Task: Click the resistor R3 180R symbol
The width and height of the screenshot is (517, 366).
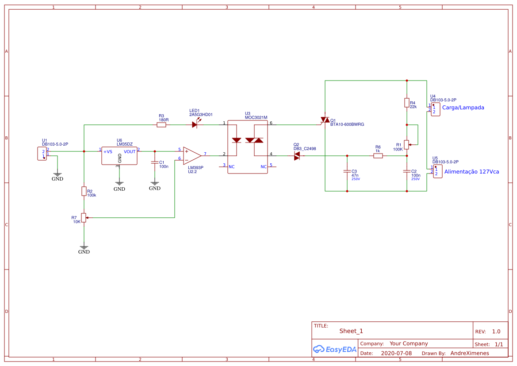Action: coord(161,125)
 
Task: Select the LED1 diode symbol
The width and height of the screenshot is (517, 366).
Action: coord(195,125)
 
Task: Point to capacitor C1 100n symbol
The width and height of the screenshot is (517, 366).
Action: coord(154,162)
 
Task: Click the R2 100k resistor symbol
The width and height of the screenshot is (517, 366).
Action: coord(84,191)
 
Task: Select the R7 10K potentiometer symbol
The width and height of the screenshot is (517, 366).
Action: coord(84,218)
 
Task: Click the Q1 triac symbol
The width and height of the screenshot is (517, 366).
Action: coord(325,120)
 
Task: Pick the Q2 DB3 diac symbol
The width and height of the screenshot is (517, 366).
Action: coord(297,156)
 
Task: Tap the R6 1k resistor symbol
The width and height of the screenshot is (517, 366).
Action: coord(378,156)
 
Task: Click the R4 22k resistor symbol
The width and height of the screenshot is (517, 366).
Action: coord(406,103)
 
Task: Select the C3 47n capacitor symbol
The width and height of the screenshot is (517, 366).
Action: coord(347,171)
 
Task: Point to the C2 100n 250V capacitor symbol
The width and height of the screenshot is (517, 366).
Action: coord(406,171)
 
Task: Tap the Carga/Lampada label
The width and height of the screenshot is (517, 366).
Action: coord(463,108)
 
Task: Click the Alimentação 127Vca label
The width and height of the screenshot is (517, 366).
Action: coord(471,172)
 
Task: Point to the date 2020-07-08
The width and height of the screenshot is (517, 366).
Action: coord(396,353)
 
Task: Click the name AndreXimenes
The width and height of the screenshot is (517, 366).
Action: coord(470,353)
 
